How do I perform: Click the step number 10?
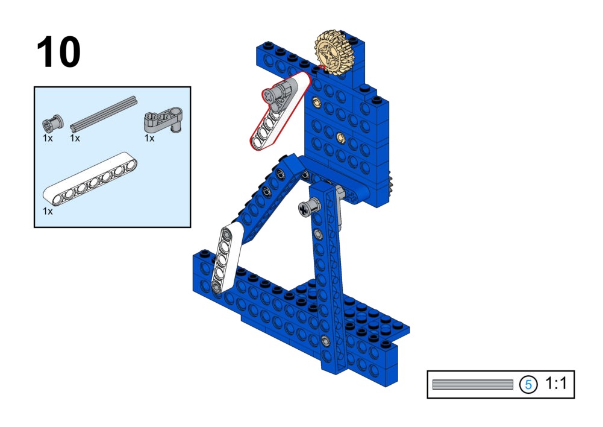point(58,52)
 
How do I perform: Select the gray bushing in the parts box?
point(52,123)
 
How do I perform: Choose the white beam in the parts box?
point(90,178)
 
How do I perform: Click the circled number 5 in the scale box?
point(528,384)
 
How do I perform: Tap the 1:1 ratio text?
point(556,383)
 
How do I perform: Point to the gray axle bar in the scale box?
point(473,384)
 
